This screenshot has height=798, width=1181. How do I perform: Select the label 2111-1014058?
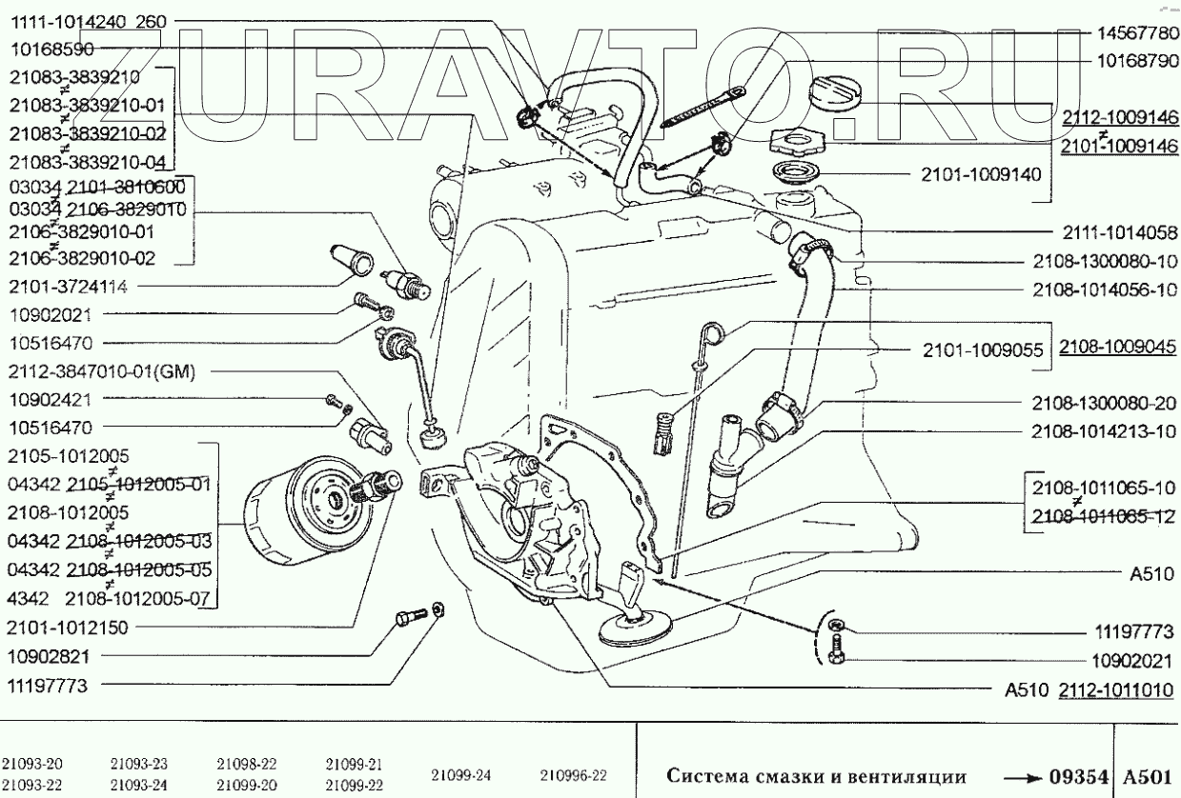(1118, 230)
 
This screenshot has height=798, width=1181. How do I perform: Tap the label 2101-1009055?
(982, 349)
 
